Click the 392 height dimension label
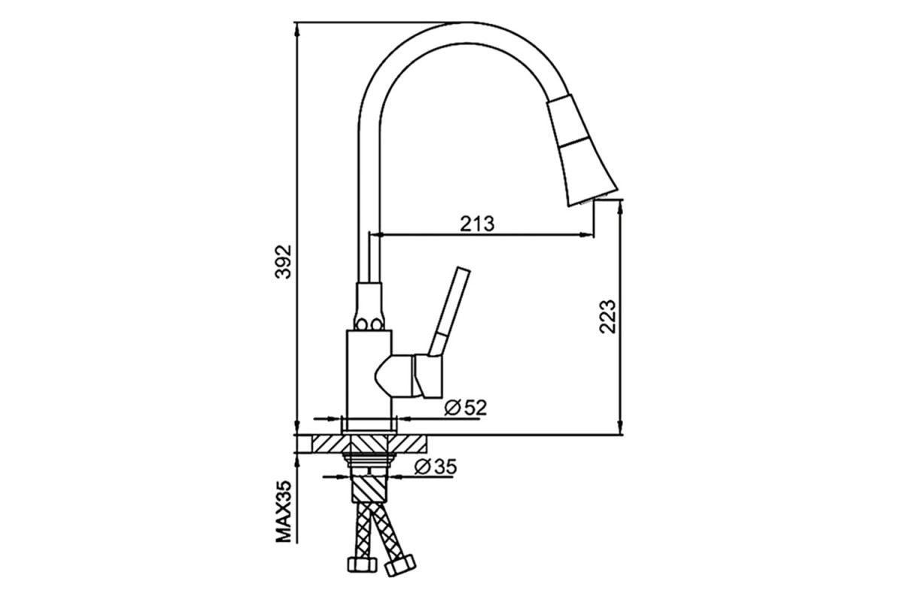(283, 262)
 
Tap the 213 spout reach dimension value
(477, 223)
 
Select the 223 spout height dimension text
(607, 317)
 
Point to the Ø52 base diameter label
(466, 408)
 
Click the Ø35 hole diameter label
(436, 467)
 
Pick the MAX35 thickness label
(283, 511)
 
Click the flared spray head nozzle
(581, 150)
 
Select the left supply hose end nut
(362, 564)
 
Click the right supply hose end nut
(400, 565)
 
